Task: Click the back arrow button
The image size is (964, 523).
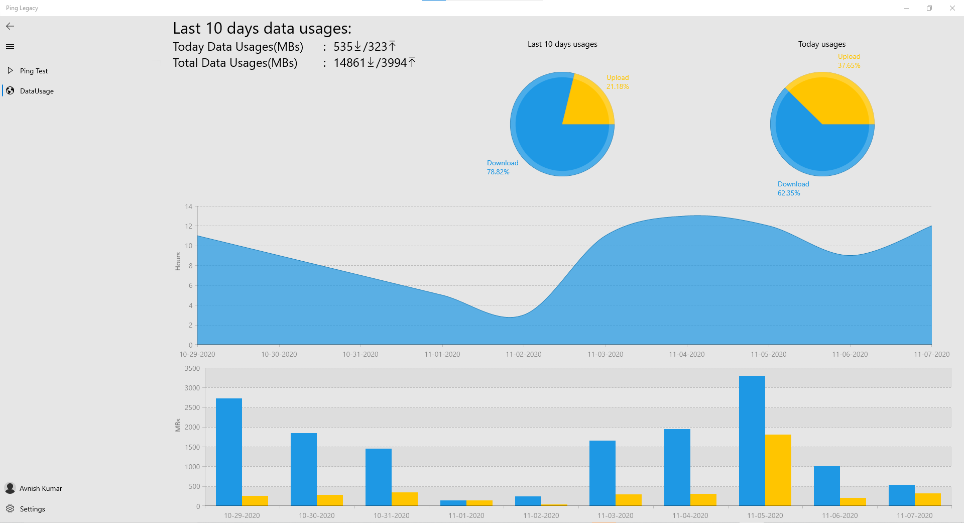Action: pos(10,26)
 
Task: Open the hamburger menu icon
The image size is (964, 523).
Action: pos(10,47)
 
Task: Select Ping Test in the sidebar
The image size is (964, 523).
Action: pos(34,71)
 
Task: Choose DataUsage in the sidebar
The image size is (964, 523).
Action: pos(37,91)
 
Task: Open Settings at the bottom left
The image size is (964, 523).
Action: pos(32,509)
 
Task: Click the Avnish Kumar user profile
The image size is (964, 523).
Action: pos(40,488)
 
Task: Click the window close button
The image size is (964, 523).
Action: pos(952,8)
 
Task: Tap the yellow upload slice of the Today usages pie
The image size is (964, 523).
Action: pos(833,100)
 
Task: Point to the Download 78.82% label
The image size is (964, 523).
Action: pos(502,167)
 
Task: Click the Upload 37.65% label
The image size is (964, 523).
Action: pos(849,61)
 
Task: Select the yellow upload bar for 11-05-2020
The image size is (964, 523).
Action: pos(778,470)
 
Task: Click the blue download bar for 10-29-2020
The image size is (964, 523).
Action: pos(228,452)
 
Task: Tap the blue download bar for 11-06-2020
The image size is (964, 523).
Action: pos(826,486)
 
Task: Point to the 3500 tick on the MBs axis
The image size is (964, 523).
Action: pos(192,368)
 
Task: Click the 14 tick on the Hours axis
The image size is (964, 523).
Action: pos(189,206)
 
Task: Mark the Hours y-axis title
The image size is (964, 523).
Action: pos(178,261)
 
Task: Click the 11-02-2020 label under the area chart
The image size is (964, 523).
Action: pos(523,354)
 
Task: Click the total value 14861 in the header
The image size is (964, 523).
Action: pos(349,63)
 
